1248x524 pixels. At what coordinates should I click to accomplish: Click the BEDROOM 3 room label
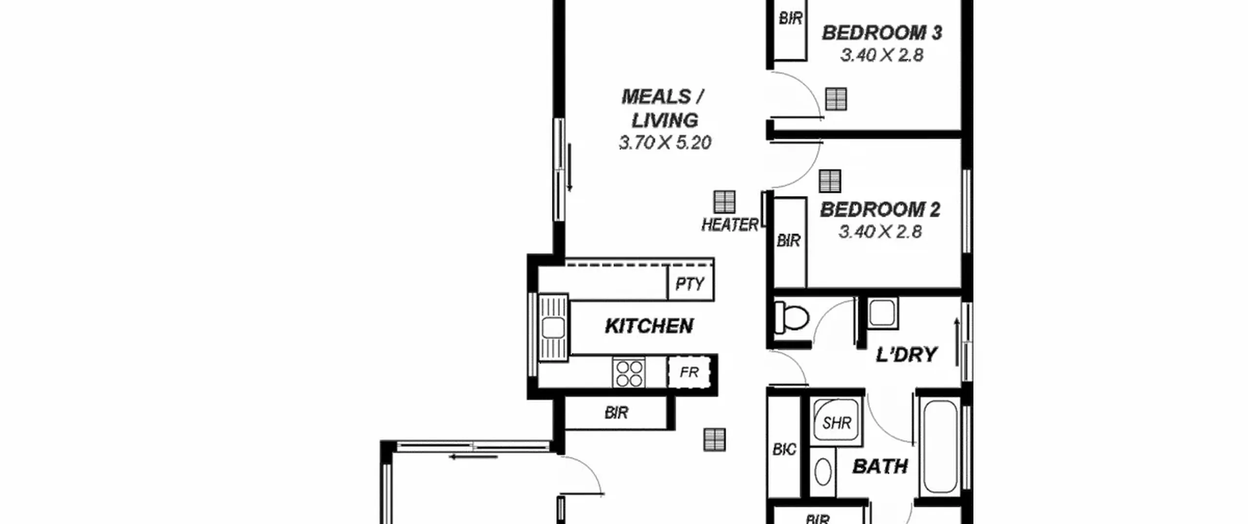pos(882,33)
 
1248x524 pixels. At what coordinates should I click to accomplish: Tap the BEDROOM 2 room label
pos(880,210)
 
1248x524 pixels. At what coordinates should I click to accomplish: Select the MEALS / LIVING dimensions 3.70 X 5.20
pos(665,142)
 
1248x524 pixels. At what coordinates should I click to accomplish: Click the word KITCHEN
pos(649,326)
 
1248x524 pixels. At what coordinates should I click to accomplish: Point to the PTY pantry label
pos(690,284)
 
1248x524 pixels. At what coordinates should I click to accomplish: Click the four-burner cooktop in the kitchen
pos(629,373)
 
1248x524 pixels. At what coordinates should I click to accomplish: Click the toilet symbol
pos(791,317)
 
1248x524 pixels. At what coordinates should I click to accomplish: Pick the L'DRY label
pos(906,354)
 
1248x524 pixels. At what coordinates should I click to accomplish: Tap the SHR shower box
pos(837,421)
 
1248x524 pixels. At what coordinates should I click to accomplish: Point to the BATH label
pos(880,466)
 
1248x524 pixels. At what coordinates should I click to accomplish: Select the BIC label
pos(784,449)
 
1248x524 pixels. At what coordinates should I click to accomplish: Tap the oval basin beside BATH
pos(823,472)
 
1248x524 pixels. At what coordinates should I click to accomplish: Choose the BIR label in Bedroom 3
pos(790,19)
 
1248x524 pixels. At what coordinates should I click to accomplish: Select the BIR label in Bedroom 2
pos(788,240)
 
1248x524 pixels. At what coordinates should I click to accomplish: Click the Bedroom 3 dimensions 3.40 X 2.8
pos(882,55)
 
